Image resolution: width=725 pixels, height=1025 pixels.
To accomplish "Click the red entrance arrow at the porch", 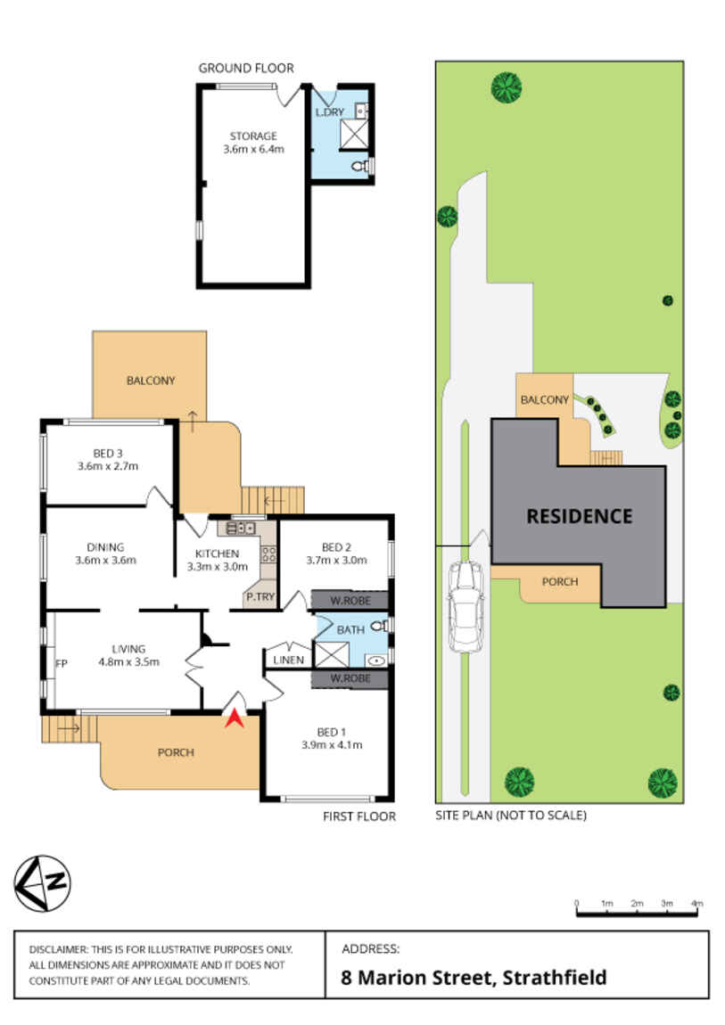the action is click(235, 719).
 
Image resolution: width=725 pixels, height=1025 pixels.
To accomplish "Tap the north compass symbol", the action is click(43, 883).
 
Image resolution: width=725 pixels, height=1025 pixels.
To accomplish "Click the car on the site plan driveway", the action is click(465, 605).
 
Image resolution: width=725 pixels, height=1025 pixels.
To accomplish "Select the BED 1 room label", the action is click(332, 732).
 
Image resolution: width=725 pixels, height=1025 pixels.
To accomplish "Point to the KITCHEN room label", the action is click(217, 553).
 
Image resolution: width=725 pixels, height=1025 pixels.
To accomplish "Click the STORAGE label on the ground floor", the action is click(253, 136).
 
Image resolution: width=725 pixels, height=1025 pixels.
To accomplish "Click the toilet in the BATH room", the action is click(380, 626).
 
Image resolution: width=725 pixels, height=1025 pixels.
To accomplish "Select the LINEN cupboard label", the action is click(288, 660).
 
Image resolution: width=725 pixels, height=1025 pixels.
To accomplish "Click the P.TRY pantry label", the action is click(260, 597).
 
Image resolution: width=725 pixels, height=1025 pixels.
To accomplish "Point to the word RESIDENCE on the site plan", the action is click(580, 516).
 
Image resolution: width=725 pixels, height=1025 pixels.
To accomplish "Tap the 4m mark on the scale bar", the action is click(697, 904).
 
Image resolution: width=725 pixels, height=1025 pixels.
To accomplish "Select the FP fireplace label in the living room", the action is click(62, 663).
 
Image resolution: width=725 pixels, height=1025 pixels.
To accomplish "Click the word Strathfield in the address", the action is click(555, 977).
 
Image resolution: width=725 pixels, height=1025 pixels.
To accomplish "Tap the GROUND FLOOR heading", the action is click(246, 68).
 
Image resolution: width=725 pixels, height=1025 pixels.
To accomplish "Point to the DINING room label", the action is click(105, 547).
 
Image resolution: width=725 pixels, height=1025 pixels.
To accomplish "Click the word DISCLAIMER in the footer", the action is click(58, 949).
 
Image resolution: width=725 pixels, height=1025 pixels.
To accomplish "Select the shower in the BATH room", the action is click(332, 654).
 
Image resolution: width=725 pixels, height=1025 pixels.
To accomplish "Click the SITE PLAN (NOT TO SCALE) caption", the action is click(511, 816).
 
